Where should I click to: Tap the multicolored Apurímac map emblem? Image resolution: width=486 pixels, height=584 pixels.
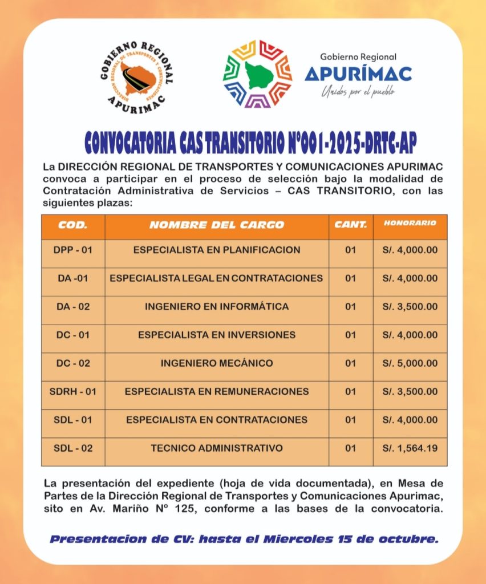257,74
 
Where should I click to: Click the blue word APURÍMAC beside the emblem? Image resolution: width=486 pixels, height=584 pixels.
358,74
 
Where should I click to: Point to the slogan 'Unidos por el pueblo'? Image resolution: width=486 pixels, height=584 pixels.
358,91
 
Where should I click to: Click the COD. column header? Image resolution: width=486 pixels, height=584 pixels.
73,225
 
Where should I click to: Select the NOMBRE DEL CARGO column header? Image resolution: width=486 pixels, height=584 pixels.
217,225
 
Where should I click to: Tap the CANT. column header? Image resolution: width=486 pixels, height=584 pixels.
351,225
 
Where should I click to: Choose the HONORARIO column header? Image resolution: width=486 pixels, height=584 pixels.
410,223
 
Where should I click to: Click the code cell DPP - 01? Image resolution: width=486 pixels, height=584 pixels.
73,250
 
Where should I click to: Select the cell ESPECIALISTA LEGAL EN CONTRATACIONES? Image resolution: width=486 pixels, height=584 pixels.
217,278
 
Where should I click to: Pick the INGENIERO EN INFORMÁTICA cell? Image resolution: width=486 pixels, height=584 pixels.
217,307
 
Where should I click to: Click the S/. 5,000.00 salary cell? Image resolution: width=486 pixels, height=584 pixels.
410,363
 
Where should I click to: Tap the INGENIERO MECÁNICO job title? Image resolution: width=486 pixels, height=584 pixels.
217,363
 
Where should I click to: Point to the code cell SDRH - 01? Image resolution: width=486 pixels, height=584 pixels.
73,392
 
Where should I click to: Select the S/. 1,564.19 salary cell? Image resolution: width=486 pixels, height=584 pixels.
410,448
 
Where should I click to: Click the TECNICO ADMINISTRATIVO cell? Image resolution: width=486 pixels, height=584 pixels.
217,448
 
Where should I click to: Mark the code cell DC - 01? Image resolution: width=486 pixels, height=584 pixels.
73,335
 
